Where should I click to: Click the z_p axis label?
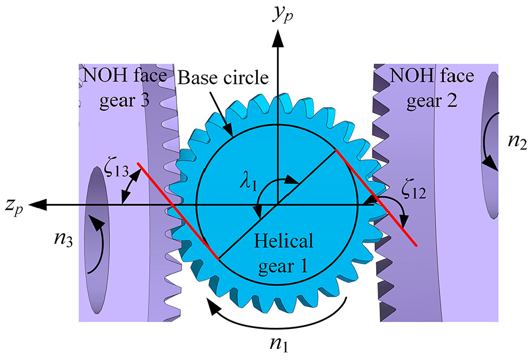point(14,206)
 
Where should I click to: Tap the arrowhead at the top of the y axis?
point(278,37)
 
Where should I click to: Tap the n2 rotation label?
point(517,141)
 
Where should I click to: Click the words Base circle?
point(223,78)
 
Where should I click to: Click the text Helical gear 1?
point(284,254)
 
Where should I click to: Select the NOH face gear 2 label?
point(432,88)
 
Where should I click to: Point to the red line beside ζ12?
point(376,197)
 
